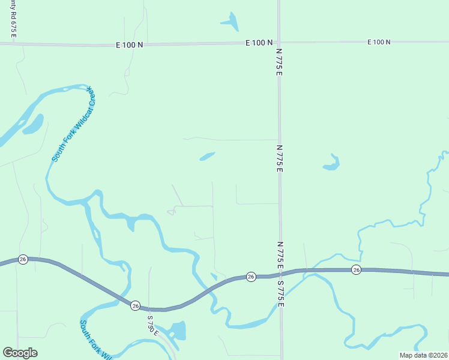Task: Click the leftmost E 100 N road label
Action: (x=130, y=44)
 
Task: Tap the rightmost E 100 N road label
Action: (x=379, y=42)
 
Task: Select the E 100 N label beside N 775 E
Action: (x=259, y=43)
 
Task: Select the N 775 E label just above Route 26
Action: (x=280, y=254)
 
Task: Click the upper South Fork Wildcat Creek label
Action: (x=74, y=124)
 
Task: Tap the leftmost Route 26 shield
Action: (x=23, y=259)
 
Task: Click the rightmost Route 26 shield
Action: (x=356, y=270)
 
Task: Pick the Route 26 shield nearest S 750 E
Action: (x=136, y=305)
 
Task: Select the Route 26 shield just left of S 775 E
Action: (x=251, y=277)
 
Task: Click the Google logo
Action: (x=20, y=353)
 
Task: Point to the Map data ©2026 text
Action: (x=423, y=355)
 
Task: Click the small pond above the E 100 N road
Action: (x=231, y=21)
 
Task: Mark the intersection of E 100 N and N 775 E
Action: (x=279, y=43)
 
